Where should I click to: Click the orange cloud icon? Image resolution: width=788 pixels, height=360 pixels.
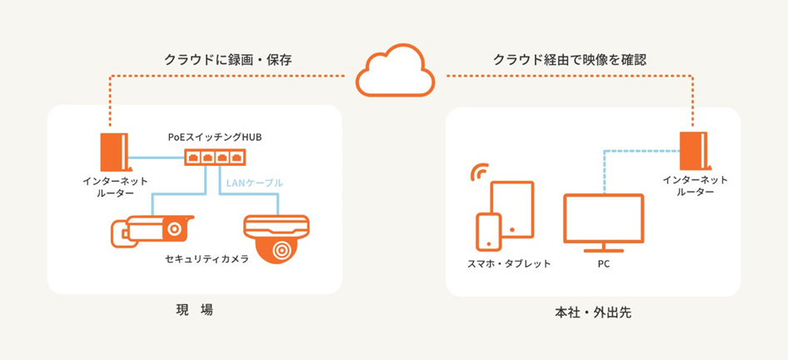point(396,70)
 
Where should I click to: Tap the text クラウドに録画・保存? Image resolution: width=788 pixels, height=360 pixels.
point(227,60)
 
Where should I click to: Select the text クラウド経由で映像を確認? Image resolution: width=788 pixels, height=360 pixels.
point(569,60)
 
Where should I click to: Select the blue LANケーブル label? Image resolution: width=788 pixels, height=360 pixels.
point(254,182)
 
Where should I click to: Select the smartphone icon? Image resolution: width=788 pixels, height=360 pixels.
point(488,232)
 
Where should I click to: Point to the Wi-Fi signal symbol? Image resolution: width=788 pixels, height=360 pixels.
point(477,173)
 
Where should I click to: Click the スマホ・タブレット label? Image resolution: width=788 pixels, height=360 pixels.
point(509,263)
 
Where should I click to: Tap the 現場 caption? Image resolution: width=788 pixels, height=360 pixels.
point(195,310)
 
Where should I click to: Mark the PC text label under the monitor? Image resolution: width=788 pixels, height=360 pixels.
point(604,263)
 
